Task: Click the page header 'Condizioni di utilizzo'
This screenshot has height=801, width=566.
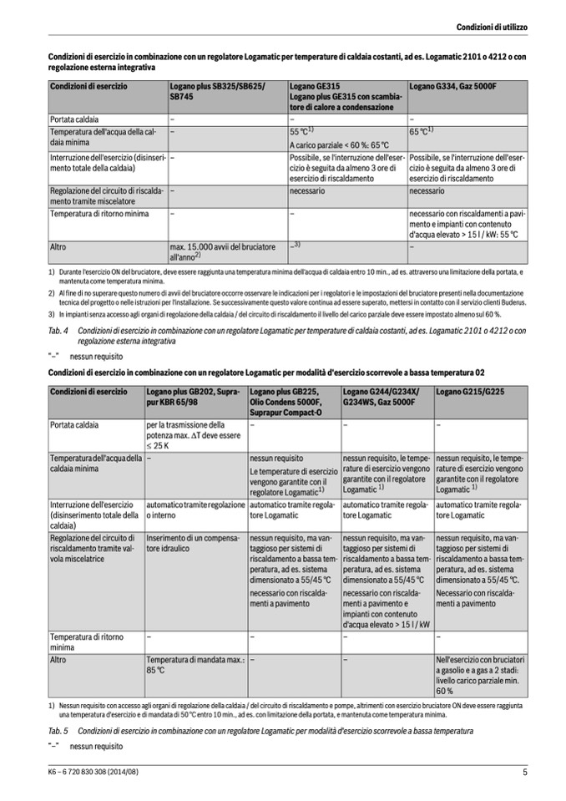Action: coord(491,28)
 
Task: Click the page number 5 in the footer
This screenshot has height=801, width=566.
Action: coord(525,773)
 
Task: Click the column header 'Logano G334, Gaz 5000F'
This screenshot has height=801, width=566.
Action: coord(452,86)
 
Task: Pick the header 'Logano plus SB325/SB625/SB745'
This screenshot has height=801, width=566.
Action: coord(213,92)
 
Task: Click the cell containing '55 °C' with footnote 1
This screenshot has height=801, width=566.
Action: coord(301,131)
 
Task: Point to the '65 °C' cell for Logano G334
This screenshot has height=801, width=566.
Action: coord(422,131)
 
